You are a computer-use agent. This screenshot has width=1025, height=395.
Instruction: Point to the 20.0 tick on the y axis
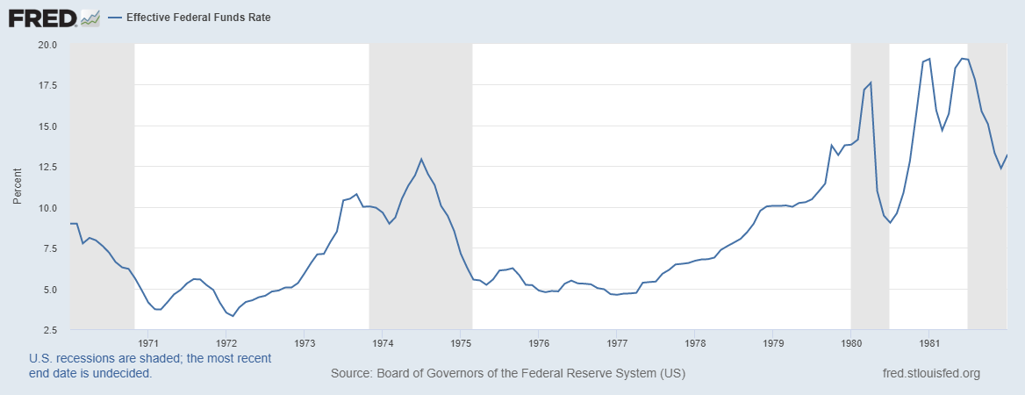(47, 45)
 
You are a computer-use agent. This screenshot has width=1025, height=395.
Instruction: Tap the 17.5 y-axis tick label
(47, 85)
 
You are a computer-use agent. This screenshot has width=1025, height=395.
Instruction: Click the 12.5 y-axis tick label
(47, 167)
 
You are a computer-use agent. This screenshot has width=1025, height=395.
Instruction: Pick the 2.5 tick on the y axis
(49, 330)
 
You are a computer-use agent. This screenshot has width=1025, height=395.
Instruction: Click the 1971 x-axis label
(148, 342)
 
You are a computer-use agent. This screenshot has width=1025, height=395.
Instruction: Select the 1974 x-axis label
(383, 342)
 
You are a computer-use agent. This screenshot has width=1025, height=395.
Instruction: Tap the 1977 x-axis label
(617, 342)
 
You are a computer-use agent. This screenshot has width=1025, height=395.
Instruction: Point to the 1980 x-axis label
(851, 342)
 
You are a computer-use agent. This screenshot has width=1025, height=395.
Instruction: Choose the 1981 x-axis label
(929, 342)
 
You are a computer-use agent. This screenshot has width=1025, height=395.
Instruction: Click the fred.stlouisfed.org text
(930, 374)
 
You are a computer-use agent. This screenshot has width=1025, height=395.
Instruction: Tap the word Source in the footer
(350, 374)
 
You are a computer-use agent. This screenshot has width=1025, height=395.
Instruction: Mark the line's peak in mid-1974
(421, 159)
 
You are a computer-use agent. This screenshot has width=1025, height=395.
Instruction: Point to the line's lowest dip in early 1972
(233, 316)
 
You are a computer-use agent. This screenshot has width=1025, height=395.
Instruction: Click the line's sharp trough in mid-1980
(890, 223)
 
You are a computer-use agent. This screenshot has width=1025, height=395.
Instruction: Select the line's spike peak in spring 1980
(871, 83)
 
